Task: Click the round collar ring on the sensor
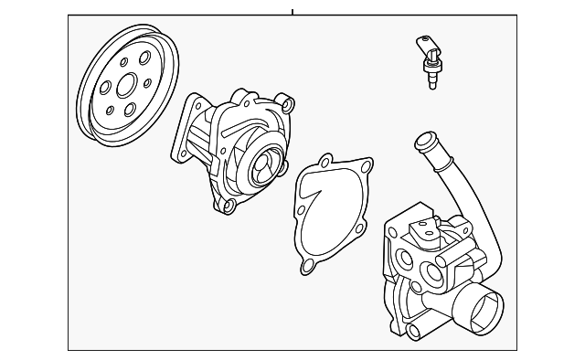[432, 65]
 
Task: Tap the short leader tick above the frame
[292, 12]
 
